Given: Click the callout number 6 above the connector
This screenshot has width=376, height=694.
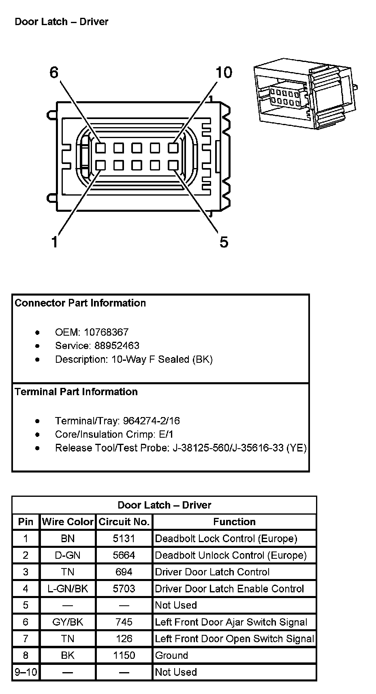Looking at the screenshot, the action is pyautogui.click(x=54, y=73).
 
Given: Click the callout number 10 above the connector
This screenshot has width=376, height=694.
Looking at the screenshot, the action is pyautogui.click(x=224, y=73).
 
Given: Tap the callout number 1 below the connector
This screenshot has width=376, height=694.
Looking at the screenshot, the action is pyautogui.click(x=54, y=242).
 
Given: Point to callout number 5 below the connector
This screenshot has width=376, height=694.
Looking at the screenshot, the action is pyautogui.click(x=224, y=242).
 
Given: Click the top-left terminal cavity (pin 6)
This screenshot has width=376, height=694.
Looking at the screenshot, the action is pyautogui.click(x=100, y=148).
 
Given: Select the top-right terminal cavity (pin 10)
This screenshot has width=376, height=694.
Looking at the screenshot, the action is pyautogui.click(x=173, y=148).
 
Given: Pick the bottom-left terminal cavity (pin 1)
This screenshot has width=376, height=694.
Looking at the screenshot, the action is pyautogui.click(x=100, y=165).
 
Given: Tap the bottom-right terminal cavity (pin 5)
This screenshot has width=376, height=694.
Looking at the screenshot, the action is pyautogui.click(x=173, y=165).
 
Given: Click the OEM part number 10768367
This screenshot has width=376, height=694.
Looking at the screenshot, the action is pyautogui.click(x=106, y=332).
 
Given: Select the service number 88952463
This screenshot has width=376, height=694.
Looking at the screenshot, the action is pyautogui.click(x=117, y=346).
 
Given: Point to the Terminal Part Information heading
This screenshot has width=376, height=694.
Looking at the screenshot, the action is pyautogui.click(x=76, y=392).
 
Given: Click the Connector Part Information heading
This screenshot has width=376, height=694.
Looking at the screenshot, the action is pyautogui.click(x=80, y=303).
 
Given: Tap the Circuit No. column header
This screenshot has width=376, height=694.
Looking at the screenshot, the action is pyautogui.click(x=124, y=522).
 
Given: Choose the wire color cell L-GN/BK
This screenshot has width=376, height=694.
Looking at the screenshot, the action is pyautogui.click(x=68, y=589).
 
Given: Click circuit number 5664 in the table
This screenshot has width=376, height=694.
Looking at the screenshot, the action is pyautogui.click(x=124, y=556).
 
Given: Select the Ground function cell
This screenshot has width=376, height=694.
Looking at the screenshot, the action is pyautogui.click(x=172, y=656).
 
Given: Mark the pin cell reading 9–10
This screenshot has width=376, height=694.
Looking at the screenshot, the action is pyautogui.click(x=26, y=673).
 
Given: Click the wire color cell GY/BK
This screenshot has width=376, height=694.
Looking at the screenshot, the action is pyautogui.click(x=68, y=622).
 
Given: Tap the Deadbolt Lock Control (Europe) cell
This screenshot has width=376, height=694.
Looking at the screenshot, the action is pyautogui.click(x=226, y=539).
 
